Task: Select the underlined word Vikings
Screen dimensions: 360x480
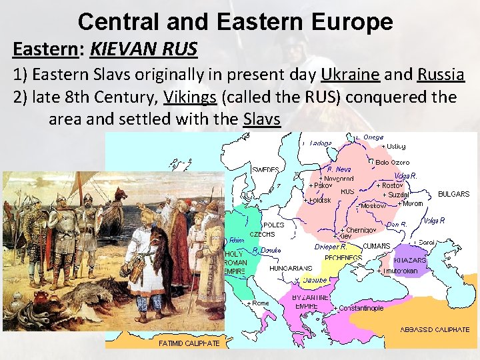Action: click(x=190, y=97)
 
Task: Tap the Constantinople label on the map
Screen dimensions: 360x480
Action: click(x=361, y=309)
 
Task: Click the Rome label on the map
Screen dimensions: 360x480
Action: click(x=260, y=303)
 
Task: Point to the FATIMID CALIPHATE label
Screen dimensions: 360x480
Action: click(x=189, y=343)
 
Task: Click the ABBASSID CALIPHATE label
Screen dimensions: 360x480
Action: click(x=435, y=329)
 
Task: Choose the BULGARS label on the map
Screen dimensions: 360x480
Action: click(x=453, y=194)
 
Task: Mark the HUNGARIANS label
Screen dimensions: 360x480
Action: click(x=291, y=268)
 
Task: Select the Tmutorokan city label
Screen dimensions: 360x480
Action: click(x=399, y=271)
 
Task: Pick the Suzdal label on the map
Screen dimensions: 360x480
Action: click(x=395, y=195)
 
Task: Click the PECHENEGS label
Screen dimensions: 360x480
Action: click(x=343, y=257)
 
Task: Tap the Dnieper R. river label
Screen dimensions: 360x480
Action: click(x=331, y=247)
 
